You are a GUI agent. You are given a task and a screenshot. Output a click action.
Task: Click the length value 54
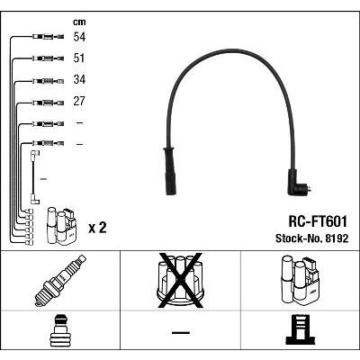[79, 37]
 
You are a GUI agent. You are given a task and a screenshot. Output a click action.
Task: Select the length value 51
[79, 58]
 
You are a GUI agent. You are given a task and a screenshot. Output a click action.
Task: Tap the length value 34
[79, 80]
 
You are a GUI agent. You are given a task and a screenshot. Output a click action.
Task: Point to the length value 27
[79, 102]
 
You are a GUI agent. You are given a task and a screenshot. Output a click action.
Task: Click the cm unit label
[79, 22]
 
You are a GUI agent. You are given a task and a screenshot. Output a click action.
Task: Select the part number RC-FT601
[318, 222]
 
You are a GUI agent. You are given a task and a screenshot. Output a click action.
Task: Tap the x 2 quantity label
[97, 229]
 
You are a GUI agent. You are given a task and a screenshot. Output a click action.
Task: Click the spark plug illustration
[60, 281]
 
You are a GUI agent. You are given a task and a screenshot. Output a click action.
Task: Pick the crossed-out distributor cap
[181, 281]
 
